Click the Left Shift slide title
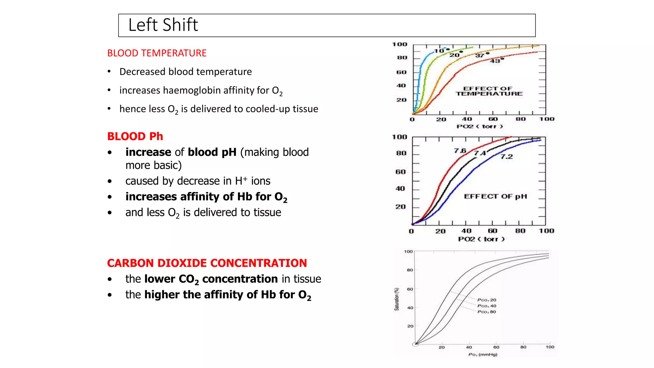click(163, 25)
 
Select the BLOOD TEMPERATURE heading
click(157, 53)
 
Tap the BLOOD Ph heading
click(135, 136)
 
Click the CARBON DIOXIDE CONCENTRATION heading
click(207, 263)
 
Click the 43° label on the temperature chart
click(497, 61)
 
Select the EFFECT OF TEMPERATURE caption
click(489, 91)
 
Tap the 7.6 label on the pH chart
click(460, 150)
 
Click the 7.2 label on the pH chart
click(506, 157)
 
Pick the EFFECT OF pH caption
click(495, 196)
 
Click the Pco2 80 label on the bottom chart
click(487, 312)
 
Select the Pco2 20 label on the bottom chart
click(487, 300)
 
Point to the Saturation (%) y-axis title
click(397, 299)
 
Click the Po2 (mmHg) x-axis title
click(483, 354)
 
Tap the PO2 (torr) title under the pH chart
click(481, 239)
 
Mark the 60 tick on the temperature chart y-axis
click(401, 72)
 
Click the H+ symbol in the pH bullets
click(241, 181)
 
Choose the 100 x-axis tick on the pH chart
click(546, 231)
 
